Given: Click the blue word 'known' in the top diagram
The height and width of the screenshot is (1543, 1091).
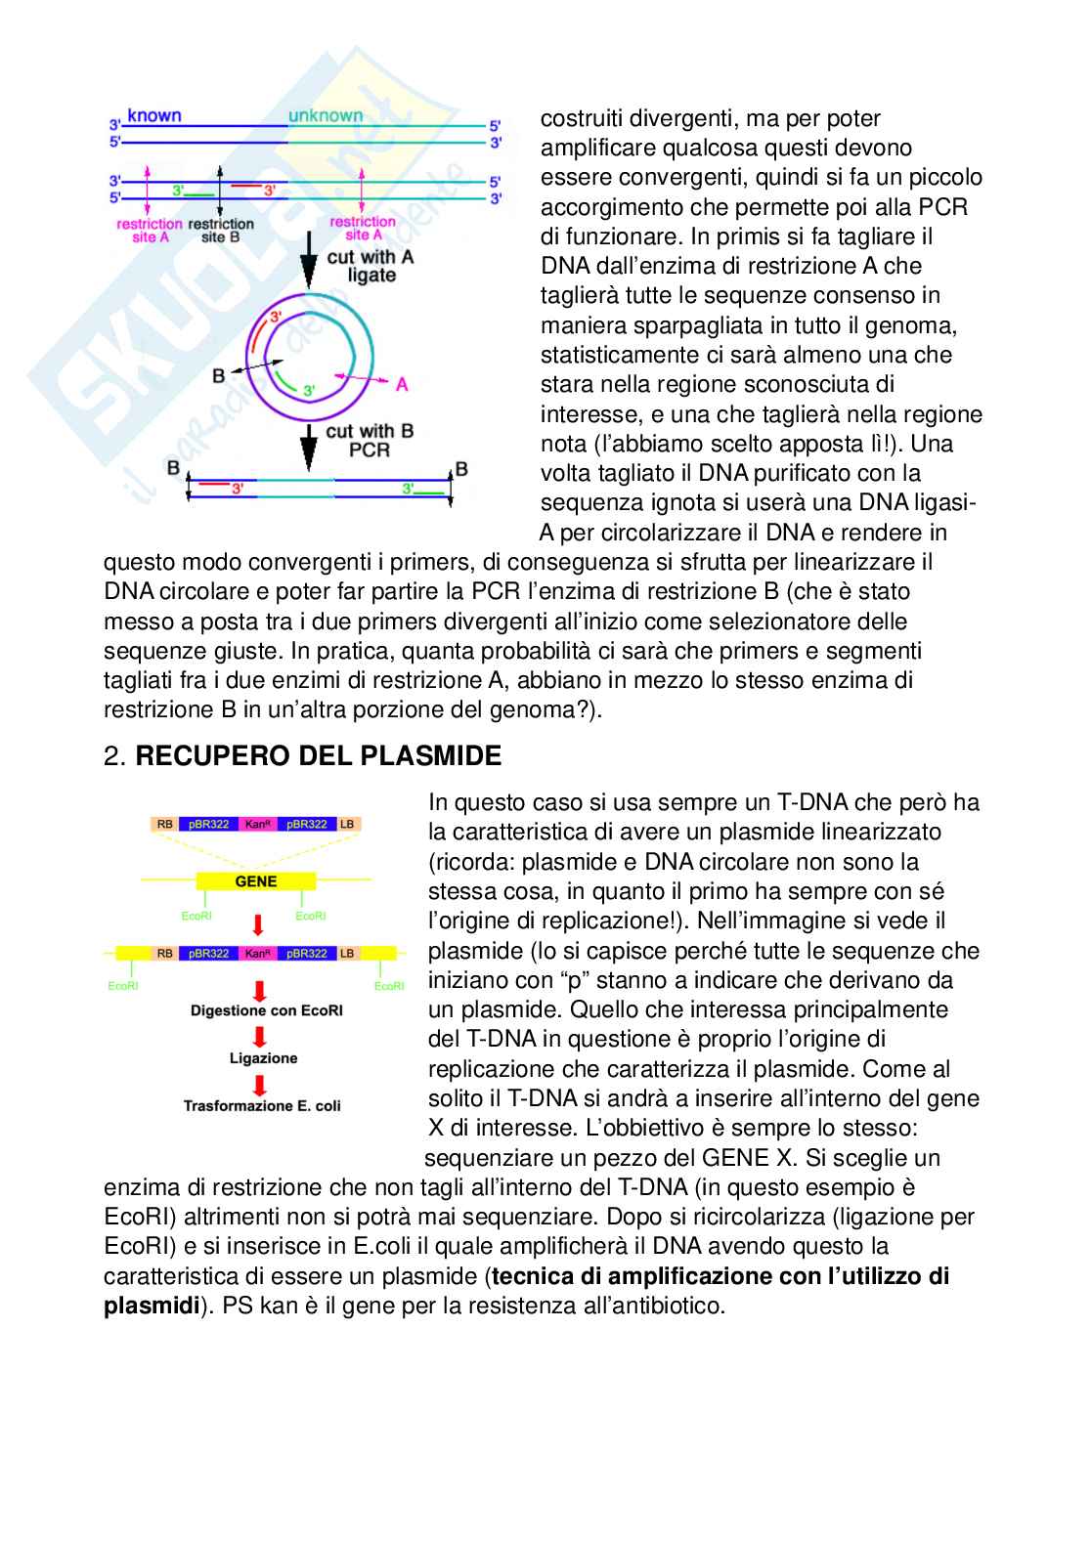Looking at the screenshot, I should (154, 115).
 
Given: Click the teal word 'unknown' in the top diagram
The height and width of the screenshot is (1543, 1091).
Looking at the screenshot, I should (326, 115).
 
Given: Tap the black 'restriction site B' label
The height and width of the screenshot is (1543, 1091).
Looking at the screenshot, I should (221, 231).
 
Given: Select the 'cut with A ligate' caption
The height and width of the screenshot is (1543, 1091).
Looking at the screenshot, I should (371, 266).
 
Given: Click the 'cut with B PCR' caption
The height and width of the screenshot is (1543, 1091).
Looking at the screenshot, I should (370, 440).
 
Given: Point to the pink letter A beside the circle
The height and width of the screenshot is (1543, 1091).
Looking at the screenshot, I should (402, 384).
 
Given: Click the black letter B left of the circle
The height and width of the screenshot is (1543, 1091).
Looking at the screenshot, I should (218, 375).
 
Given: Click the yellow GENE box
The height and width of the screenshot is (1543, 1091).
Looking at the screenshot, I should (256, 881).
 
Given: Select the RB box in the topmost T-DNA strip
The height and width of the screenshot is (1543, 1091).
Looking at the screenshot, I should (165, 824).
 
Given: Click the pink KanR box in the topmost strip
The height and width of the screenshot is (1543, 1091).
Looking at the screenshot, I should (258, 824).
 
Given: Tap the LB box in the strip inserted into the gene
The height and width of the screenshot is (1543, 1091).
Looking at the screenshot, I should (347, 953).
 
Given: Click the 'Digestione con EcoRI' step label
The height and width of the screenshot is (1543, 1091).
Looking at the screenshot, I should (266, 1010).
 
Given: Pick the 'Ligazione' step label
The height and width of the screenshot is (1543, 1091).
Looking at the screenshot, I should (263, 1058).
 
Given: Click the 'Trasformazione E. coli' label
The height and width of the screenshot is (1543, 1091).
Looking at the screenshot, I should (262, 1106).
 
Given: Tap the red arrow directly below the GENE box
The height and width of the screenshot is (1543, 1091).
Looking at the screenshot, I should (258, 924).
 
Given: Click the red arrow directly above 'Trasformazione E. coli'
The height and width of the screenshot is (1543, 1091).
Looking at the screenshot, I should (260, 1084).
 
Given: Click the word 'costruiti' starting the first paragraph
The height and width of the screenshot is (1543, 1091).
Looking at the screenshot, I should (581, 119).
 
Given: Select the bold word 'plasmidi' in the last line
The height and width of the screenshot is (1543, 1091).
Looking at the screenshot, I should (152, 1306).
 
